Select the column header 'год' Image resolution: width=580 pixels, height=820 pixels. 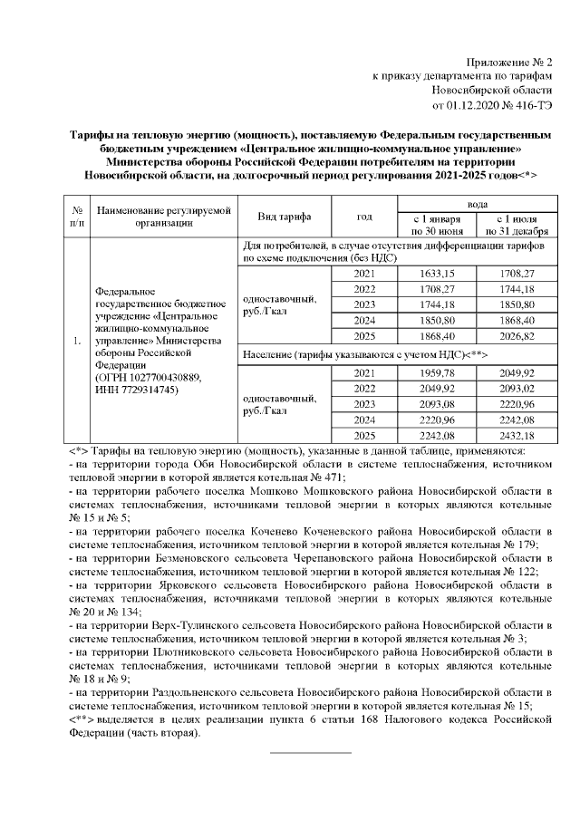click(364, 217)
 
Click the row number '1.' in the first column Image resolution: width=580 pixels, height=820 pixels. click(78, 342)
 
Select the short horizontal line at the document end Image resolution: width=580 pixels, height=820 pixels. click(310, 752)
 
